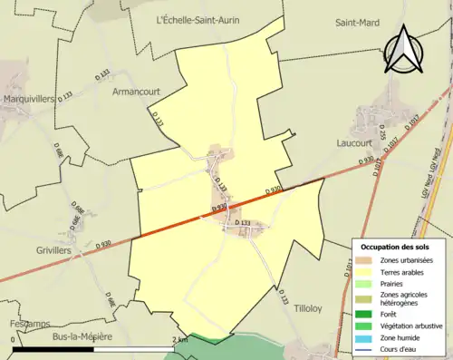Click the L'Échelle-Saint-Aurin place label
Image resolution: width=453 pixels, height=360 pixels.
point(198,20)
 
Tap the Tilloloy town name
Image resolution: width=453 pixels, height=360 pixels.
point(313,309)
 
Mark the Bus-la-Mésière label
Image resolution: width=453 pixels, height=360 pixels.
point(82,336)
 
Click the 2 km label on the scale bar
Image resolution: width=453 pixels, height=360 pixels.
point(181,340)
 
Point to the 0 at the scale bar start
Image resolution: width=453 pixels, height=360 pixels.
point(14,340)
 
